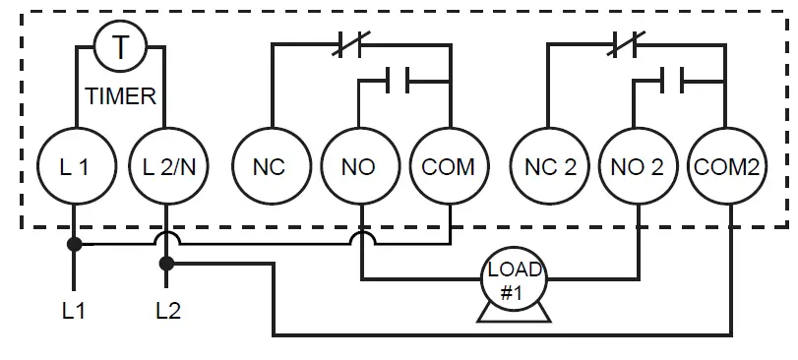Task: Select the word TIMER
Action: coord(120,97)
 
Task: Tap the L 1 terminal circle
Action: coord(74,167)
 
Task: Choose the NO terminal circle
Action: coord(358,167)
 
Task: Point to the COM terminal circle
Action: coord(448,167)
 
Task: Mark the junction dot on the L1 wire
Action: coord(74,243)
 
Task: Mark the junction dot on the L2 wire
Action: coord(165,263)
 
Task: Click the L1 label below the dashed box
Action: coord(74,312)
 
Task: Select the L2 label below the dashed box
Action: coord(168,312)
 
